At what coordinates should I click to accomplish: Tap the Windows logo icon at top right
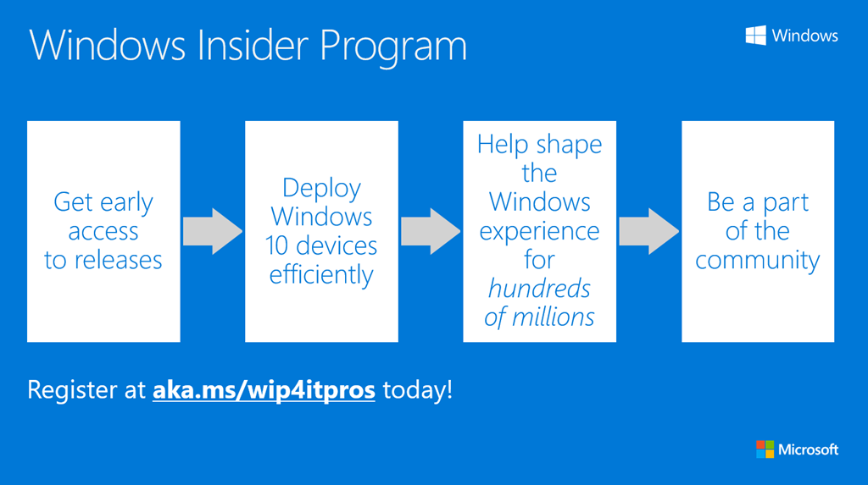coord(756,35)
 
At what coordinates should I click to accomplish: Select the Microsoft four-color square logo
coord(765,449)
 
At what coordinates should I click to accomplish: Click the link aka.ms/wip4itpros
coord(264,391)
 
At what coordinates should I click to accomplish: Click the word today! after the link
coord(417,391)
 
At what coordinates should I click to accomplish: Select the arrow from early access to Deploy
coord(213,230)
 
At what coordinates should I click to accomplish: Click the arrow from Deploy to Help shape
coord(431,230)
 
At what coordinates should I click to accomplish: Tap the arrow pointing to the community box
coord(648,230)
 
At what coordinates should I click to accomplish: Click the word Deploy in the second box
coord(321,189)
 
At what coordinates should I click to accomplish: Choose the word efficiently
coord(321,275)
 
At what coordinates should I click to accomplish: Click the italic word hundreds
coord(539,289)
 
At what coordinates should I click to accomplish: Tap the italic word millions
coord(552,317)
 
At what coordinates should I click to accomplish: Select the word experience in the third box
coord(539,230)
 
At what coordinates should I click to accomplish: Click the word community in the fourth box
coord(758,260)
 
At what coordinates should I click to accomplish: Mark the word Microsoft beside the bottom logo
coord(808,449)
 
